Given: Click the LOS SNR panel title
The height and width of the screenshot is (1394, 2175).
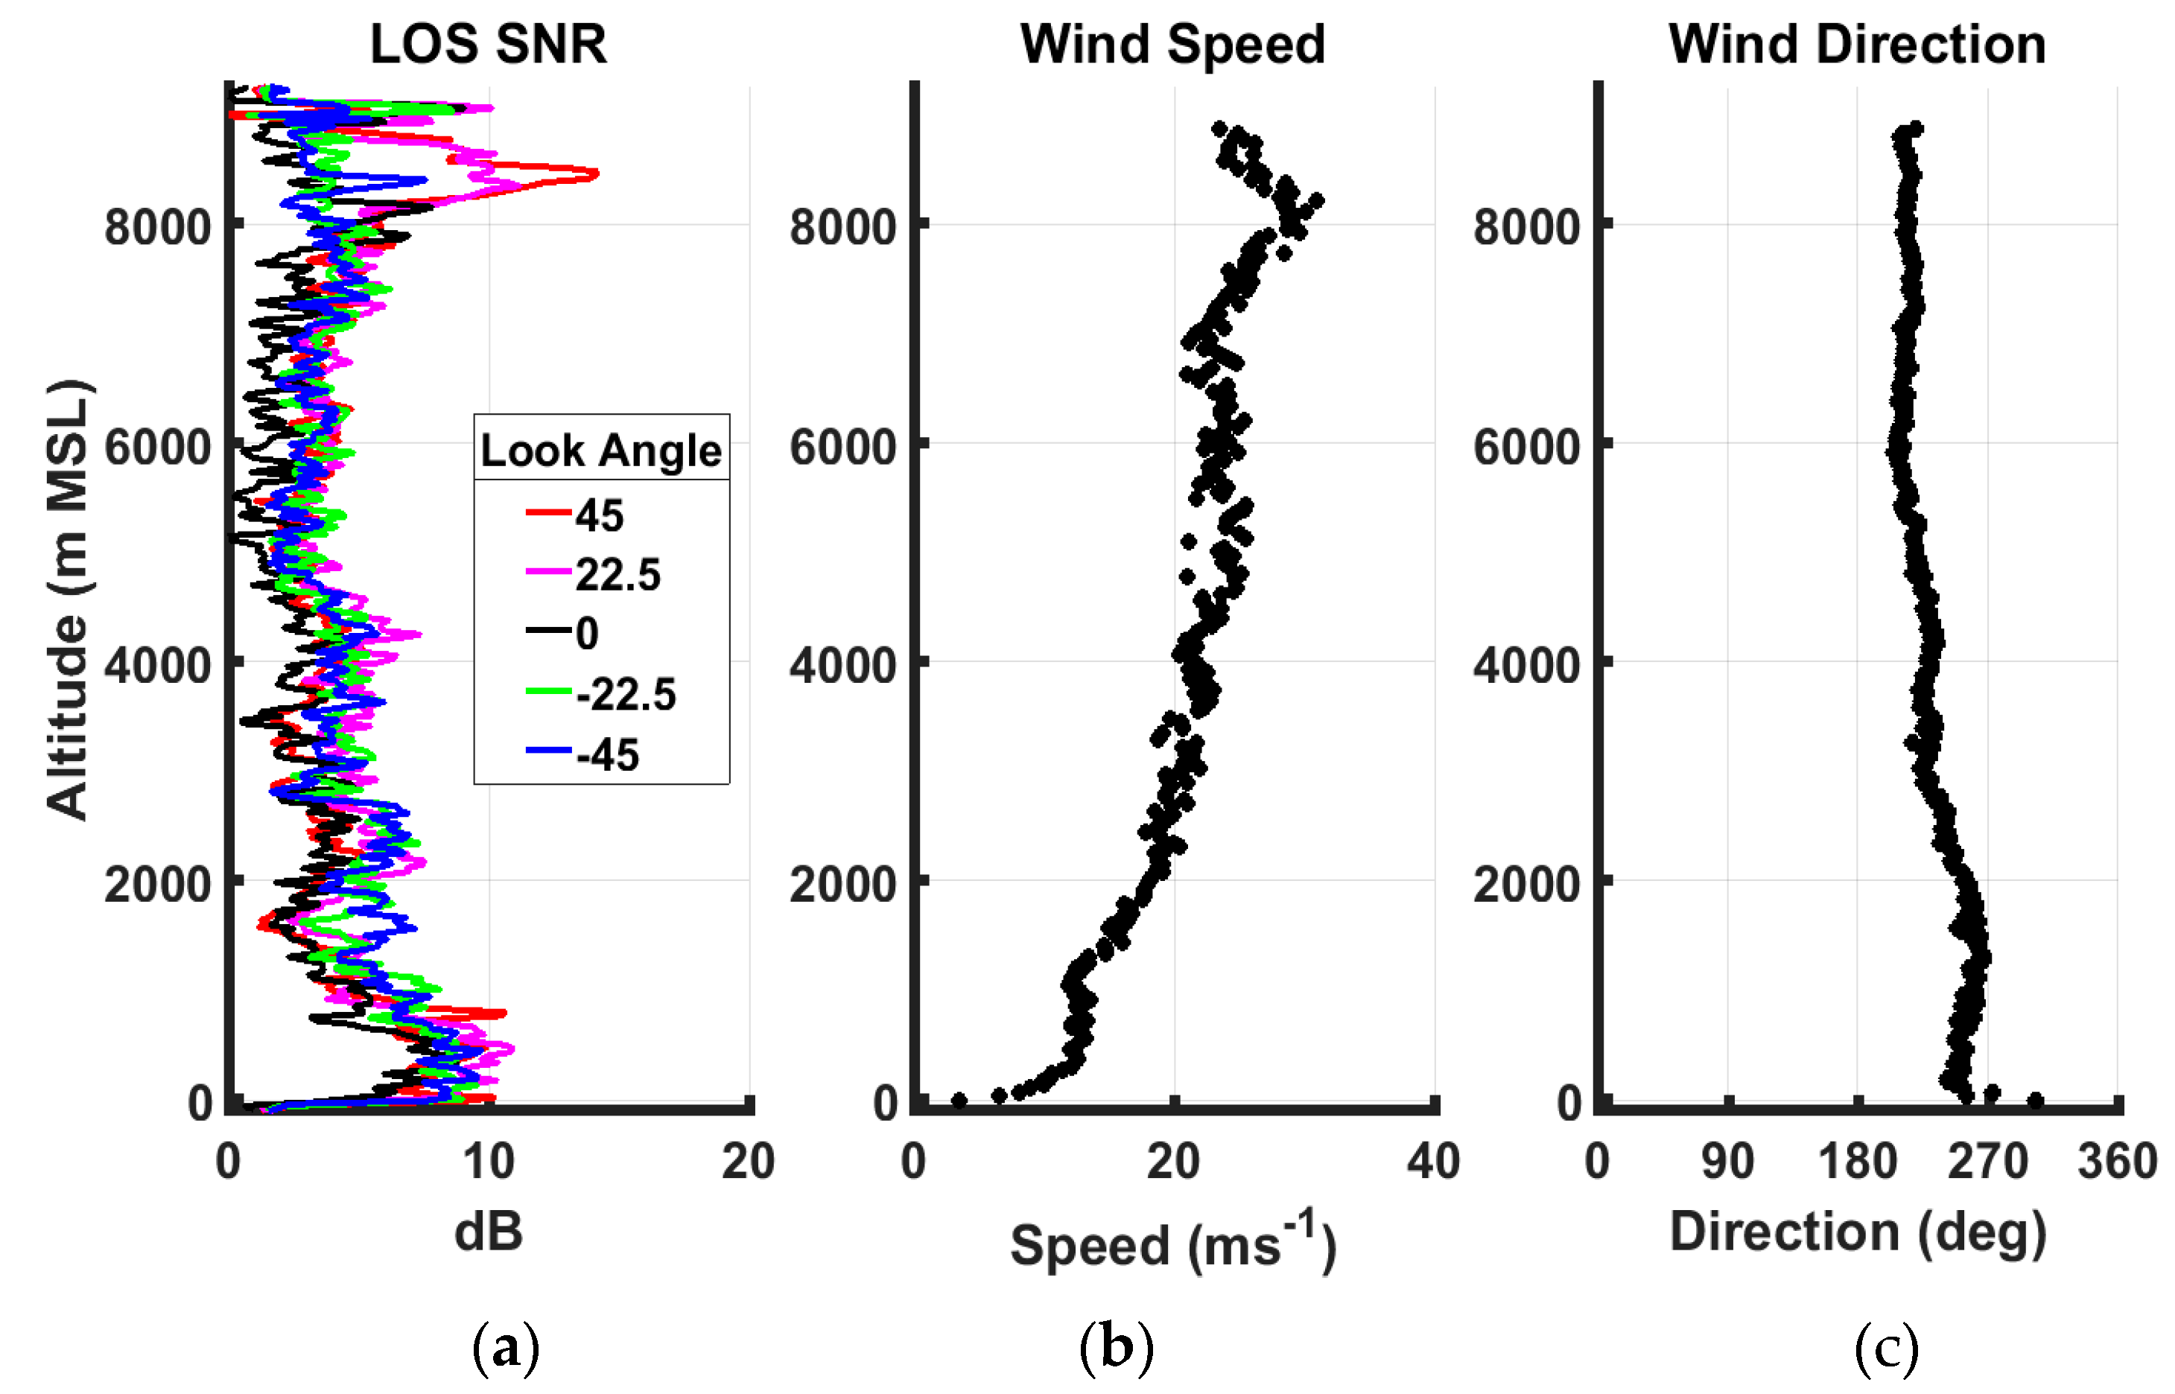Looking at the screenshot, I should tap(488, 43).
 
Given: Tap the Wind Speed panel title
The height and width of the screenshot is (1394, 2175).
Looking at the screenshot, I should tap(1172, 43).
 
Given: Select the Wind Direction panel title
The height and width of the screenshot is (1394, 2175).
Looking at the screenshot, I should tap(1857, 43).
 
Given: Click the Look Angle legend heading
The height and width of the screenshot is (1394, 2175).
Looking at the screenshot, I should tap(600, 450).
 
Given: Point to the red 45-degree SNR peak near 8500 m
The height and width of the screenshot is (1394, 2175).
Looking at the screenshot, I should tap(593, 173).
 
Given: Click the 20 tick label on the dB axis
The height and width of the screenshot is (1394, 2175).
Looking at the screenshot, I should tap(748, 1162).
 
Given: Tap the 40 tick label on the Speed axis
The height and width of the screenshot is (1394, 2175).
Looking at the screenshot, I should tap(1433, 1162).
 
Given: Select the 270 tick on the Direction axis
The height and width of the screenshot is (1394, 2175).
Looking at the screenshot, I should tap(1987, 1162).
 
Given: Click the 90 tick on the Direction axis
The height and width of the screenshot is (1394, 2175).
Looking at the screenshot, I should tap(1727, 1162).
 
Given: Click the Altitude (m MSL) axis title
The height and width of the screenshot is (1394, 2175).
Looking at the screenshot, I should tap(68, 599).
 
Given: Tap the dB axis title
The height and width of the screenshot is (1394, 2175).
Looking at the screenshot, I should tap(488, 1232).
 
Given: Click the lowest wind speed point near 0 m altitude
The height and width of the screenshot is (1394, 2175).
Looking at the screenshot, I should tap(959, 1101).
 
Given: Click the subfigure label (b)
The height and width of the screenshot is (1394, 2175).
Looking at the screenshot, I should tap(1116, 1347).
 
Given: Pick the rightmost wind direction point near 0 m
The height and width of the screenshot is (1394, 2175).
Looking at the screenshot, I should tap(2035, 1101).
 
